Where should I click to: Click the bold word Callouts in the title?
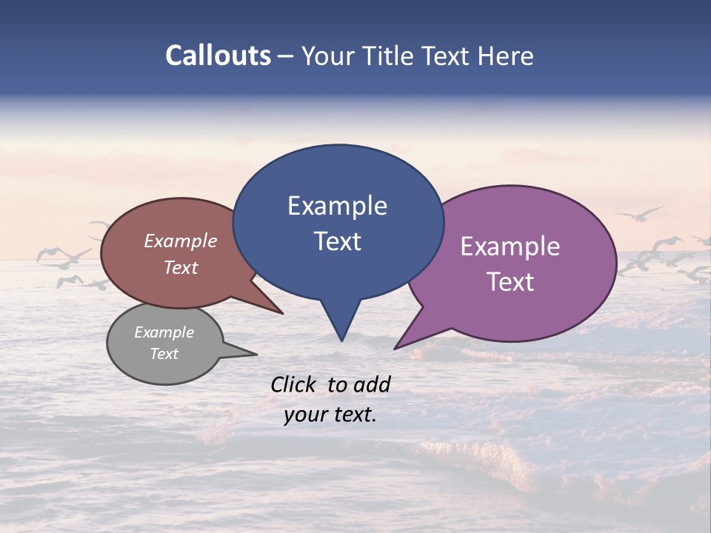[x=218, y=56]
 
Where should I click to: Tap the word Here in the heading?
[x=505, y=56]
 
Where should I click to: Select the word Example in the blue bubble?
[x=337, y=206]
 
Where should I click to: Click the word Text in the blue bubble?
[x=337, y=241]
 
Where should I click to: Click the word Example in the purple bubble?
[x=510, y=247]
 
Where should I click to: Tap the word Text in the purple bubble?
[x=510, y=281]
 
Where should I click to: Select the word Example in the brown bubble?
[x=181, y=241]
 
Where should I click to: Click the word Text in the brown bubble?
[x=181, y=267]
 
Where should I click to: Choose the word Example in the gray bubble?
[x=164, y=332]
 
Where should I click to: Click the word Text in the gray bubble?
[x=164, y=354]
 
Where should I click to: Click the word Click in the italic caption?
[x=294, y=384]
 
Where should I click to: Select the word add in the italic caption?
[x=371, y=384]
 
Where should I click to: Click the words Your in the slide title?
[x=330, y=56]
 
